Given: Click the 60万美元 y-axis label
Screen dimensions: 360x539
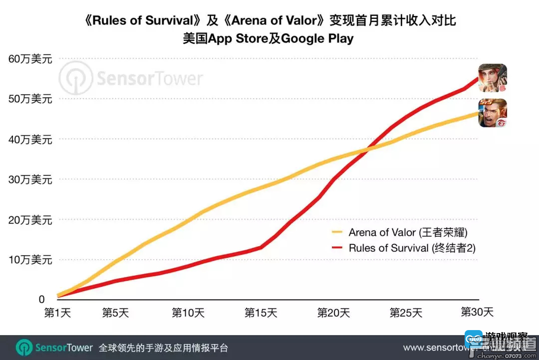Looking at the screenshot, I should [30, 59].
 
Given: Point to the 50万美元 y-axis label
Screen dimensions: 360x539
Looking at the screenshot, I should [30, 99].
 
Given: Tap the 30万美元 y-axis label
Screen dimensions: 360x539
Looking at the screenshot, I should [30, 180].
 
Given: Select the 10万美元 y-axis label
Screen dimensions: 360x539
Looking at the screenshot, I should [30, 260].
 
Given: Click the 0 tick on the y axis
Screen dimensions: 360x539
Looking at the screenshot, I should [42, 299].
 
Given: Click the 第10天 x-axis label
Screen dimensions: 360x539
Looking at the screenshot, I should [188, 313].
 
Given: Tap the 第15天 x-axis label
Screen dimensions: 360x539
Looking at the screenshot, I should [261, 313].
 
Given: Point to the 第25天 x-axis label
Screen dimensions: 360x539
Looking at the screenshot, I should [406, 313].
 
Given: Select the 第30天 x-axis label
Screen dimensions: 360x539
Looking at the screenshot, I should [477, 312].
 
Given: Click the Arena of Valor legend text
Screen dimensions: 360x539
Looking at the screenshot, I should [408, 232].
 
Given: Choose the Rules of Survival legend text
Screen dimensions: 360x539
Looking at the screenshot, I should [412, 248].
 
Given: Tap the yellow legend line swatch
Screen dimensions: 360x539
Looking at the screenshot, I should [337, 232].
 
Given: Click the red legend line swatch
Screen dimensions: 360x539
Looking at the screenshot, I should [337, 248].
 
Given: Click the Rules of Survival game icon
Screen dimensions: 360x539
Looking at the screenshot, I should [493, 78].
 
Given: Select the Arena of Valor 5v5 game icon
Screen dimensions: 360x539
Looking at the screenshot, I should [493, 113].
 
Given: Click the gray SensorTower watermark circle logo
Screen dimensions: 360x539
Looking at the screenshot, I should [75, 79].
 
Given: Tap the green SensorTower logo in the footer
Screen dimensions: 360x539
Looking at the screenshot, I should [24, 348].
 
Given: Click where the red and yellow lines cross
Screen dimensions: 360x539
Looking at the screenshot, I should [368, 149].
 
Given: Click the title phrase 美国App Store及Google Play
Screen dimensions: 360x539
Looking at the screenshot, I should [269, 38].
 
